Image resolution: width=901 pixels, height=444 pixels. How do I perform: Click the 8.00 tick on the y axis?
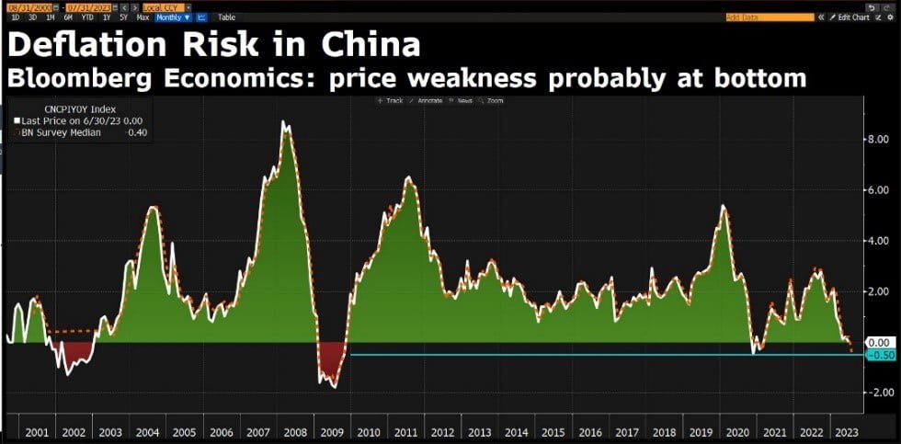tap(879, 139)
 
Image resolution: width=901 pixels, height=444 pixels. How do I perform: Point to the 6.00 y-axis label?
tap(879, 190)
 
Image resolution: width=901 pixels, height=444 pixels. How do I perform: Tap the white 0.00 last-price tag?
tap(880, 342)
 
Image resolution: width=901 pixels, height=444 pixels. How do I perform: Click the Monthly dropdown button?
tap(173, 17)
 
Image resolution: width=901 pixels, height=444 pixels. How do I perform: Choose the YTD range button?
tap(87, 17)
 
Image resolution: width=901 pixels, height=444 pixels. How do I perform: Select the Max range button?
tap(143, 17)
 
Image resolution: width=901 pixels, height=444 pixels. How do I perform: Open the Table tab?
tap(226, 17)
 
